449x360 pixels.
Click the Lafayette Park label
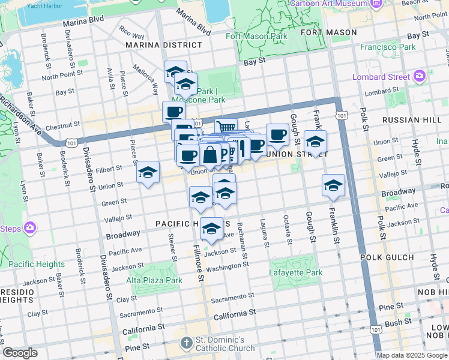(296, 273)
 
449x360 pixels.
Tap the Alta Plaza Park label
(154, 280)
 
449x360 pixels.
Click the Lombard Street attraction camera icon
(419, 76)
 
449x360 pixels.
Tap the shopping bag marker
(210, 155)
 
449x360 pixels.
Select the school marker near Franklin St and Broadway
(333, 185)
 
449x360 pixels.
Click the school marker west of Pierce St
(148, 172)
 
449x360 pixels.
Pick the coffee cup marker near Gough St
(277, 134)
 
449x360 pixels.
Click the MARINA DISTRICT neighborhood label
(164, 45)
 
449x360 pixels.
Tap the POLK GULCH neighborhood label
(387, 257)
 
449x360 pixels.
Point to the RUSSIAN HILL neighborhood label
(408, 119)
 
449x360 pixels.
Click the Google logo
(20, 353)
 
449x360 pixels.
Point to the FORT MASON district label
(328, 32)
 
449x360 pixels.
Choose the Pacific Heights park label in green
(37, 264)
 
